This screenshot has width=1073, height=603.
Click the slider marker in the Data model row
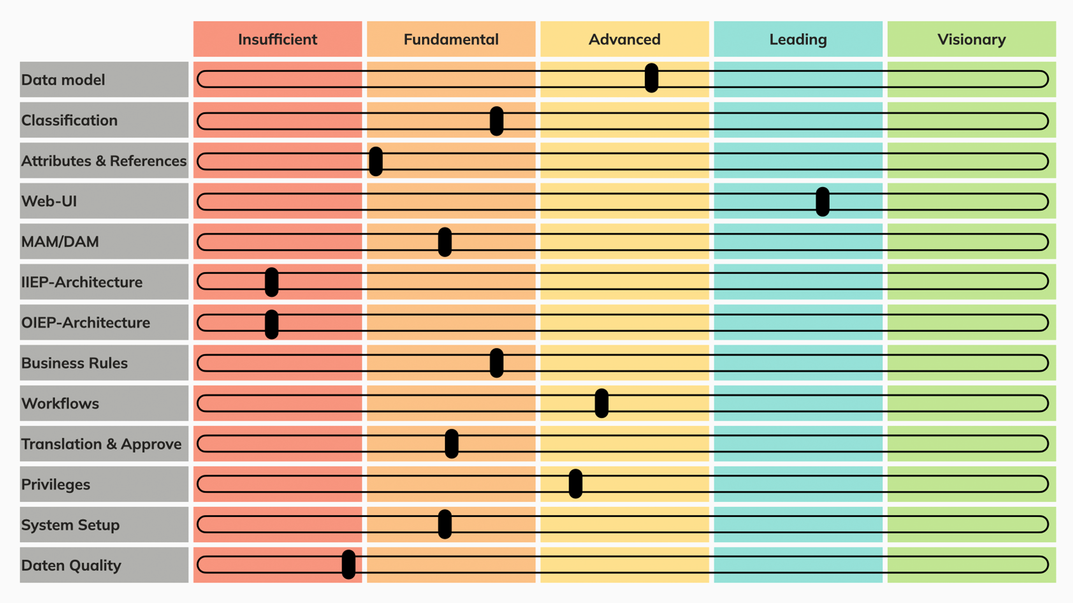tap(651, 78)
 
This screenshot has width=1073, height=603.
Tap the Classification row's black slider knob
tap(496, 121)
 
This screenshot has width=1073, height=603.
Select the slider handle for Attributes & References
tap(376, 161)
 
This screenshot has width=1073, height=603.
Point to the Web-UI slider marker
tap(822, 201)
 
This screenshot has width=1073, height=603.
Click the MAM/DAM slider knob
tap(445, 242)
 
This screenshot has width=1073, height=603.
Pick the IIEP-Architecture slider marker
tap(272, 282)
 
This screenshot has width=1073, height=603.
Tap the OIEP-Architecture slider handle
tap(272, 324)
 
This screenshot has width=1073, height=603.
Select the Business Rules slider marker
tap(496, 363)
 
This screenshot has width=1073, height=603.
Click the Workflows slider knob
tap(601, 403)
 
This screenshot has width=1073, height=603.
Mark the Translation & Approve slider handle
tap(451, 444)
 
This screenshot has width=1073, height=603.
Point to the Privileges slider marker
tap(575, 484)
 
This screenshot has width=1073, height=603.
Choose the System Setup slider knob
tap(445, 524)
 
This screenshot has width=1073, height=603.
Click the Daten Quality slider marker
tap(348, 564)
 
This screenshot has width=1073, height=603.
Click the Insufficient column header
tap(277, 39)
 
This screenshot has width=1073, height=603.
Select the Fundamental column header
tap(451, 39)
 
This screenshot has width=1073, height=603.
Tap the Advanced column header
tap(624, 39)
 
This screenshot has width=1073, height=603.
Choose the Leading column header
tap(798, 39)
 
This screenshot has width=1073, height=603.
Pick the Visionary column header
tap(971, 39)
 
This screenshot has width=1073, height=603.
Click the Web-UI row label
tap(49, 201)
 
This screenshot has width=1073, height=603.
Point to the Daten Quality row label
tap(71, 565)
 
